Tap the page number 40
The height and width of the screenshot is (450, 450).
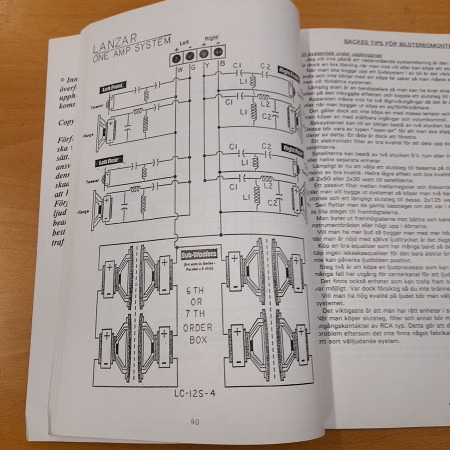(x=195, y=421)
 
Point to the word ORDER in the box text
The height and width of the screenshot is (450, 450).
(x=198, y=327)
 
